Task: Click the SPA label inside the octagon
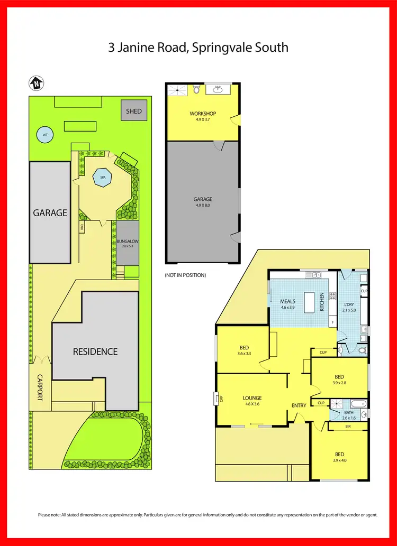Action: point(103,178)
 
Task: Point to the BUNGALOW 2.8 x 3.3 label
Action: point(127,243)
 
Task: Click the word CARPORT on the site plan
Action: point(40,387)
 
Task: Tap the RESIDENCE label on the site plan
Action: point(95,351)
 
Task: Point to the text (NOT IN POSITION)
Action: point(185,275)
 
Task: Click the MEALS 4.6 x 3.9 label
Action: point(287,304)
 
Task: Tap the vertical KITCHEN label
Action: point(322,301)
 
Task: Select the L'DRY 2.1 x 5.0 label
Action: point(349,307)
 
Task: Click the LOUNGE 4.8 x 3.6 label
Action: point(252,401)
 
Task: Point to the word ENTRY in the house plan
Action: point(299,405)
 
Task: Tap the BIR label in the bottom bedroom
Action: point(348,425)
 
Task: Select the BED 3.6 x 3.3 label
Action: point(243,350)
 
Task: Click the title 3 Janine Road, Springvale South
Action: point(198,48)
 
